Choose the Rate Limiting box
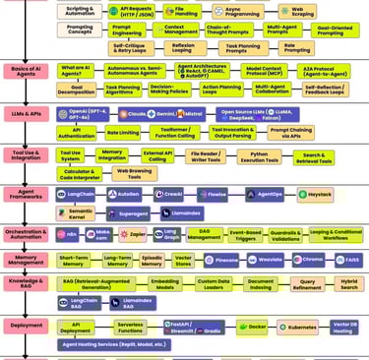122,132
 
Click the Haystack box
315,196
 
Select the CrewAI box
168,196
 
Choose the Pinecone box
221,261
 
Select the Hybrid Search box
347,283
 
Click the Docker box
253,327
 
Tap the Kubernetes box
301,327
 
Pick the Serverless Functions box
132,327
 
